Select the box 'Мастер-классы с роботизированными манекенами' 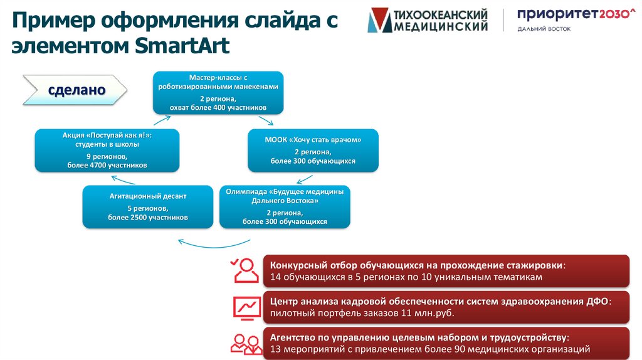(219, 92)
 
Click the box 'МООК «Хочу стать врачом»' (313, 150)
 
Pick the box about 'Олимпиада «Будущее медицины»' (285, 206)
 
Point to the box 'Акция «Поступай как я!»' (107, 150)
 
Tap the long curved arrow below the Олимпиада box (214, 241)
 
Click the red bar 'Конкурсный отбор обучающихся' (446, 271)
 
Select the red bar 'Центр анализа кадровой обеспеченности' (446, 307)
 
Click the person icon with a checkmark (243, 270)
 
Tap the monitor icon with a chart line (246, 307)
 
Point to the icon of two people (246, 342)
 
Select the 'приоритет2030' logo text (575, 15)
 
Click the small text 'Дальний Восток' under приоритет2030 (544, 29)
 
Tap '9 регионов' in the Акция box (107, 156)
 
